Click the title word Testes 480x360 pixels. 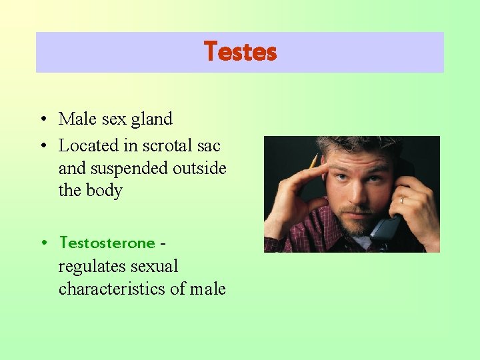pyautogui.click(x=240, y=52)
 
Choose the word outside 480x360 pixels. pyautogui.click(x=199, y=168)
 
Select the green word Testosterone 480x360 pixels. pyautogui.click(x=107, y=243)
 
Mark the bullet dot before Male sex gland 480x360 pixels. pyautogui.click(x=42, y=120)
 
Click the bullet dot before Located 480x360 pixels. pyautogui.click(x=42, y=146)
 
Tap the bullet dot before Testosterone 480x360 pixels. pyautogui.click(x=42, y=243)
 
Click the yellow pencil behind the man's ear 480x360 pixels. pyautogui.click(x=313, y=161)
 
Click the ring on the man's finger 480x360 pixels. pyautogui.click(x=402, y=199)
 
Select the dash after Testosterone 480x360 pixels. pyautogui.click(x=163, y=243)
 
